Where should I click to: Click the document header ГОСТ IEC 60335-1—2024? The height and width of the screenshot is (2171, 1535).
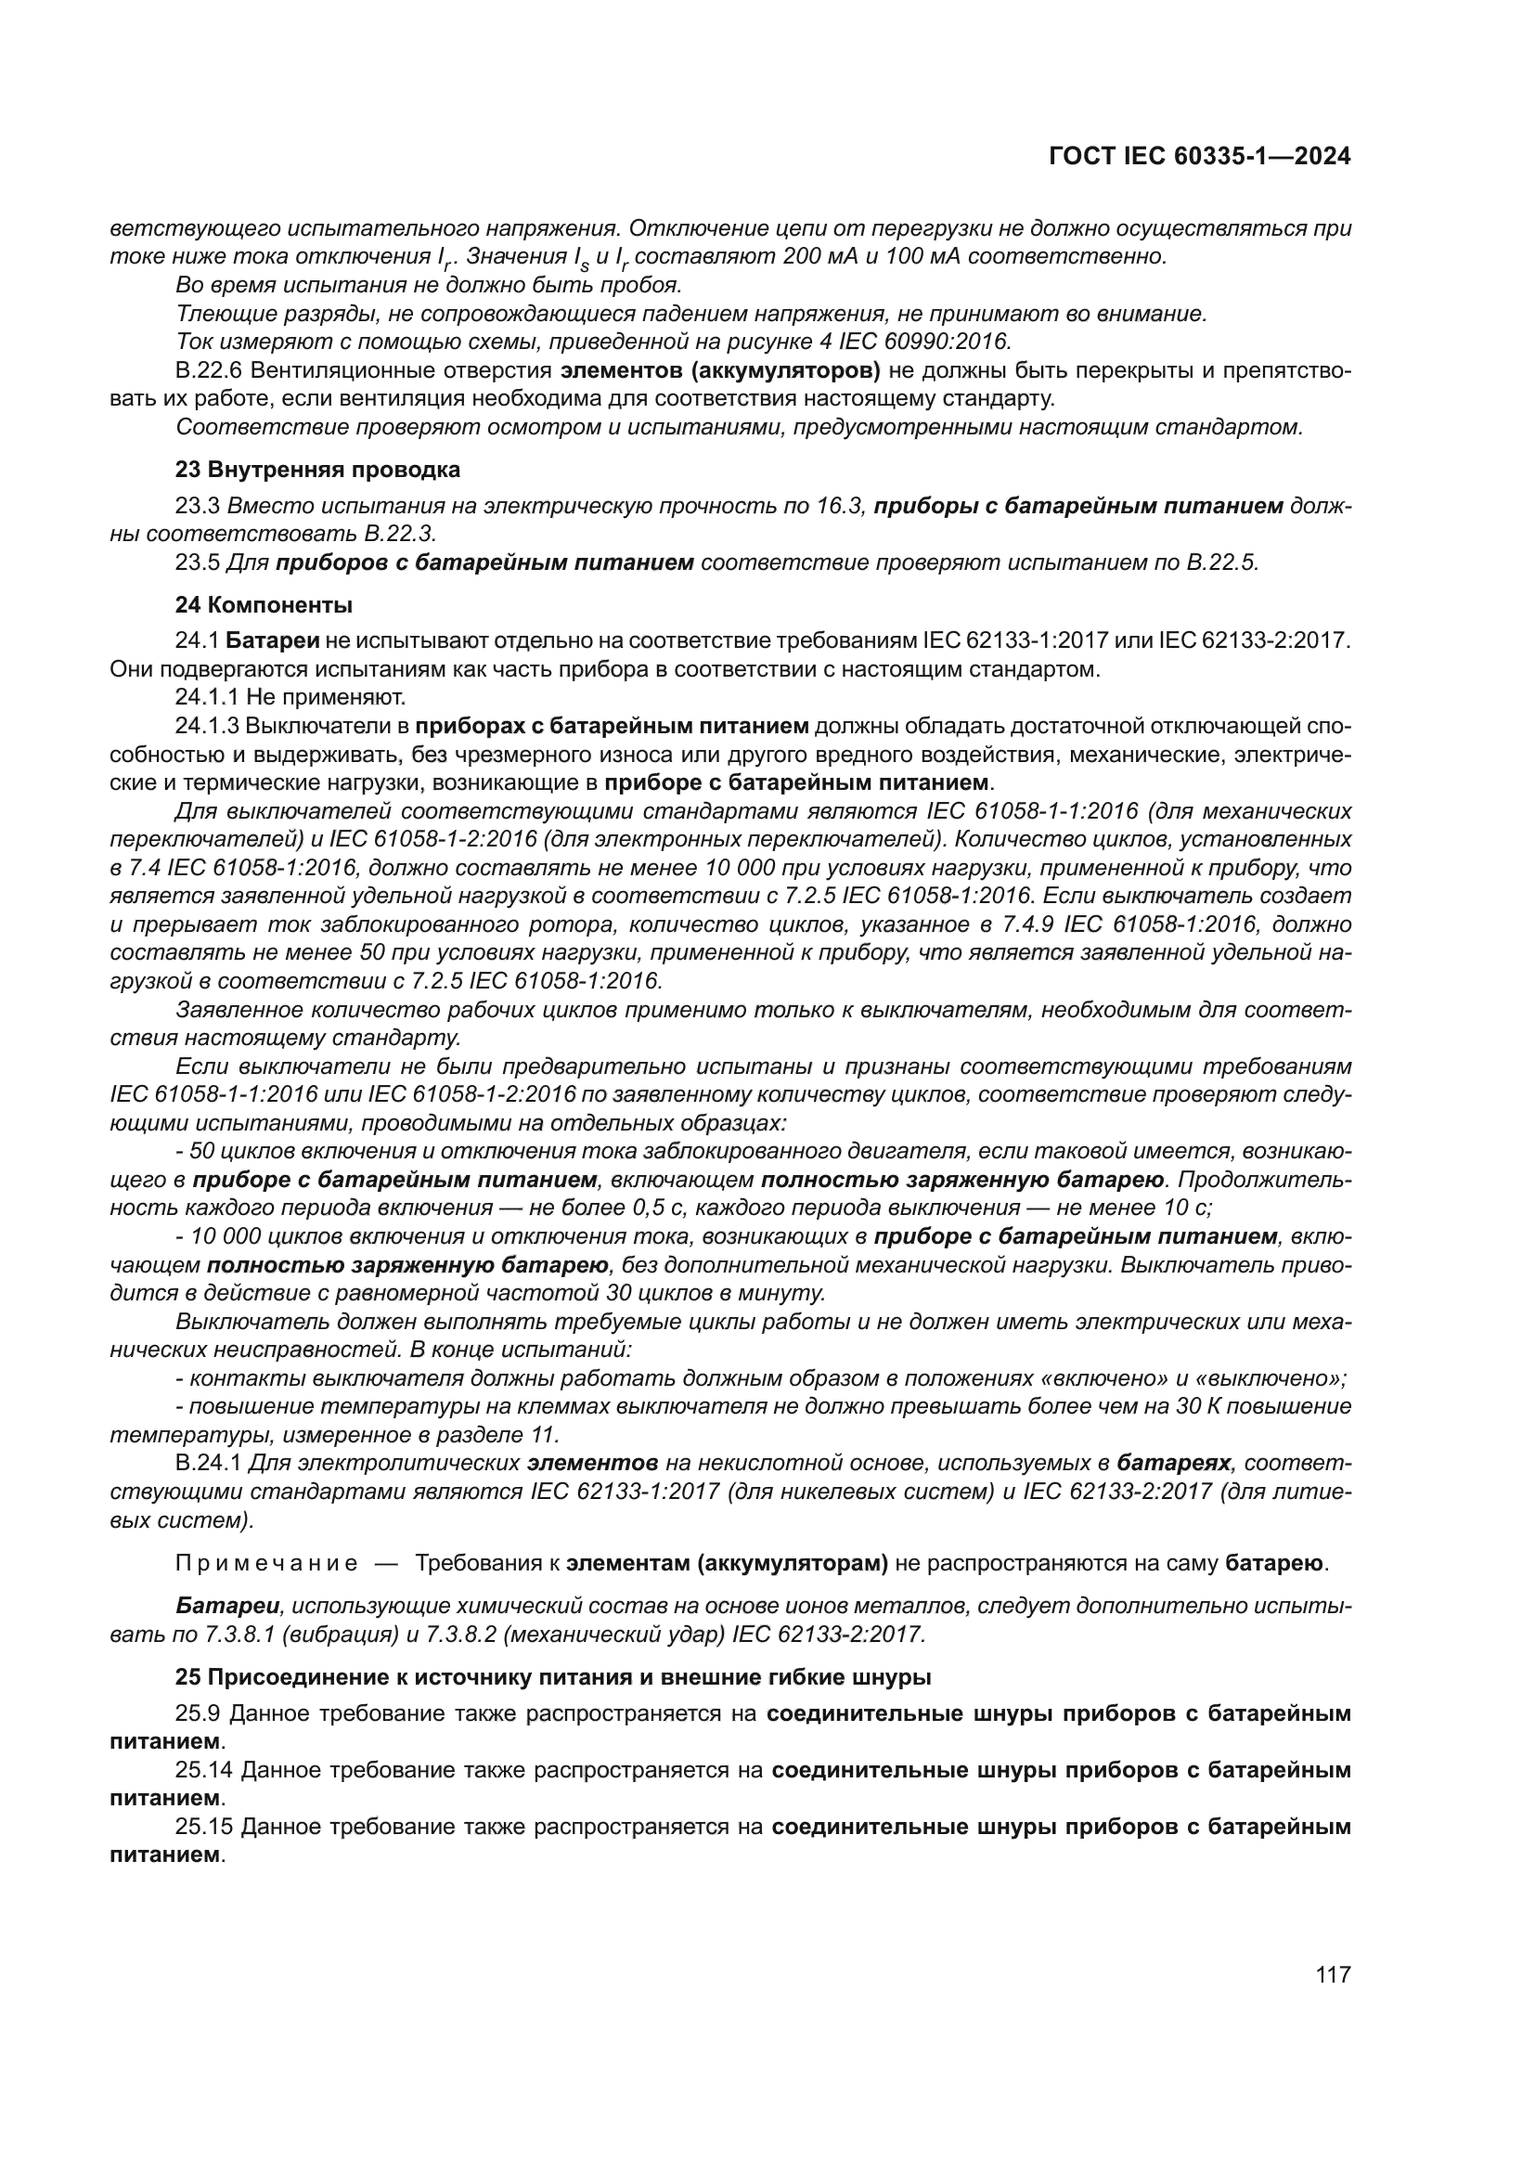[1198, 157]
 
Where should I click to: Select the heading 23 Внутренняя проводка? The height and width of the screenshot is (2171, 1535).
[317, 469]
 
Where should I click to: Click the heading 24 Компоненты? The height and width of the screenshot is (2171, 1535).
[264, 604]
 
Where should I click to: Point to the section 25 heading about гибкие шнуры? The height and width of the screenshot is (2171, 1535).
[553, 1677]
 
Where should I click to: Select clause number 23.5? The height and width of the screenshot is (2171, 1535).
[198, 562]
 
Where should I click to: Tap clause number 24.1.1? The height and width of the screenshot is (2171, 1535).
[207, 698]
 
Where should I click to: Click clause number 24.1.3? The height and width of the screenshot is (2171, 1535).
[208, 726]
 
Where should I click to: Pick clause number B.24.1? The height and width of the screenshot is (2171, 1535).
[209, 1464]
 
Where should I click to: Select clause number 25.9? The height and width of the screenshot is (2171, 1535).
[198, 1713]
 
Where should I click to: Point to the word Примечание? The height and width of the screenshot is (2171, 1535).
[266, 1563]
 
